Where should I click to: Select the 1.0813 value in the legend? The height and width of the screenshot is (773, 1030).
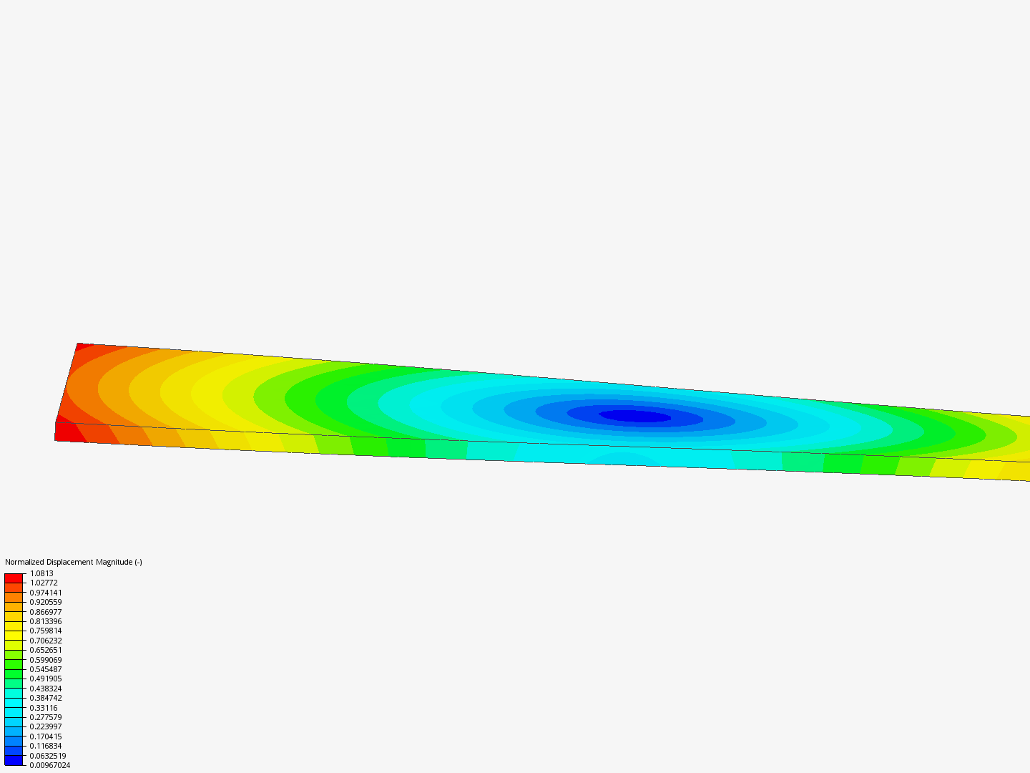tap(41, 573)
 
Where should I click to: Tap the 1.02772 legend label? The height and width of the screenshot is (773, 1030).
tap(44, 583)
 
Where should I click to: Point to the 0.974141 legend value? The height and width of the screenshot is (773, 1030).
tap(46, 593)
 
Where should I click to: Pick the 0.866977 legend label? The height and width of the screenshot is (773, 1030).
tap(46, 612)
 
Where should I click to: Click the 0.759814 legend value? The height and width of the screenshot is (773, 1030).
tap(46, 631)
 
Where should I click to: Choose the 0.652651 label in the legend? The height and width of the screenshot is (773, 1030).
tap(46, 650)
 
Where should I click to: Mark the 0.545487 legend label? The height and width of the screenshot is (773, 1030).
tap(46, 669)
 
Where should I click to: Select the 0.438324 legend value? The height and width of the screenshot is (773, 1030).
tap(46, 689)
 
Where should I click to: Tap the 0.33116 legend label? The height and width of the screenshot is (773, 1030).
tap(44, 708)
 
